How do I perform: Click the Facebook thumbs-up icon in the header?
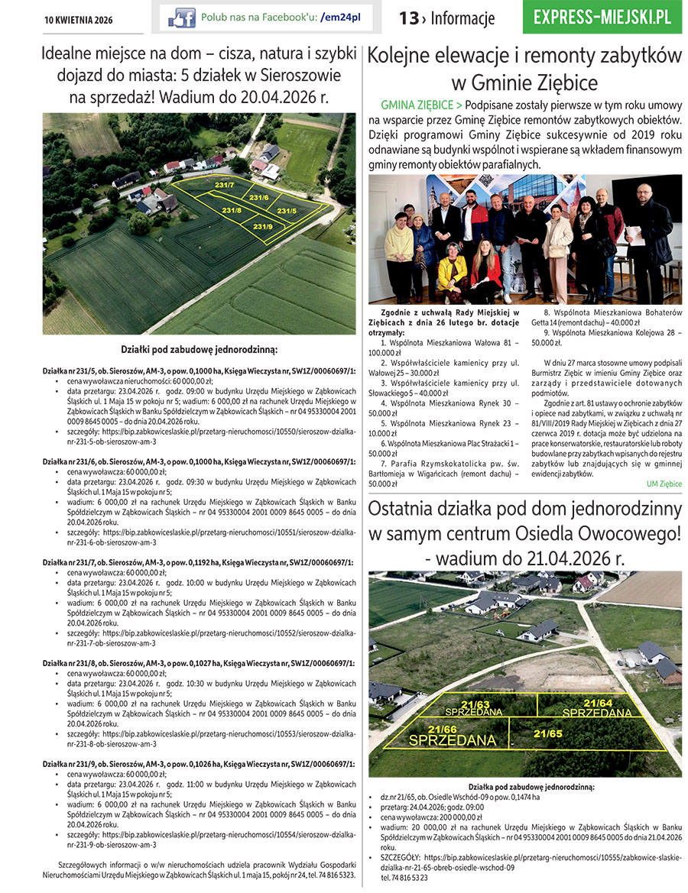tap(182, 18)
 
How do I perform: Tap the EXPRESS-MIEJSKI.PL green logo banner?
tap(602, 17)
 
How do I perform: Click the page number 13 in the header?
tap(408, 18)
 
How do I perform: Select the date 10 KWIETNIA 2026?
tap(78, 19)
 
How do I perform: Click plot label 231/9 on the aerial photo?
tap(263, 226)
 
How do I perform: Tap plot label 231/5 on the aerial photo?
tap(287, 211)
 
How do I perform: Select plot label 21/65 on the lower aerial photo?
tap(548, 733)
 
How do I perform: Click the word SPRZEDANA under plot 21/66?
tap(453, 740)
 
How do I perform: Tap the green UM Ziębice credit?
tap(664, 484)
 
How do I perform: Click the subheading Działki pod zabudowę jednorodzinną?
tap(199, 350)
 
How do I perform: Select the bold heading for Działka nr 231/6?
tap(198, 462)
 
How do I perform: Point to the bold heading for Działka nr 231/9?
tap(198, 763)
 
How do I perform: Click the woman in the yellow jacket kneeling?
tap(453, 276)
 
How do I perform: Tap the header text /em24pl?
tap(341, 17)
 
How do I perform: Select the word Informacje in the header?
tap(462, 18)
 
